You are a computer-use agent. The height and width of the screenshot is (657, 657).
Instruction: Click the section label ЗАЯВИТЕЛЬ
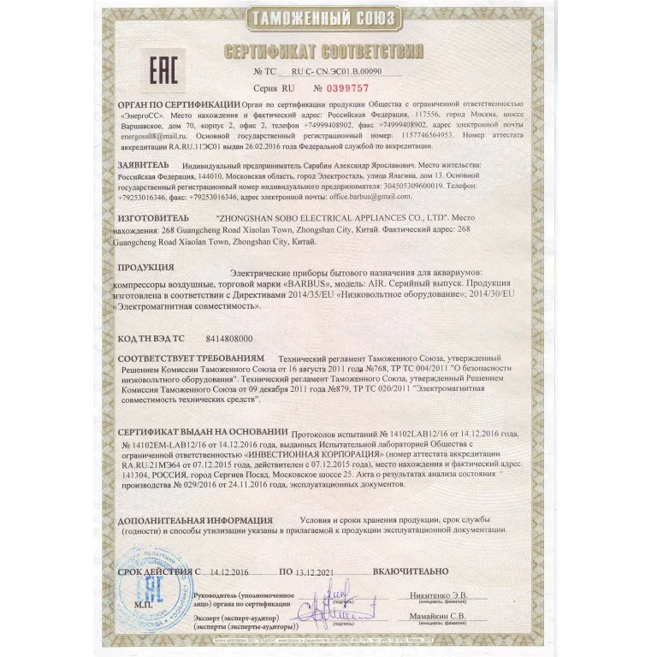click(x=145, y=162)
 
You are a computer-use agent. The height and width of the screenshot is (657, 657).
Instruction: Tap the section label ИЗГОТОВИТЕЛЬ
click(x=153, y=220)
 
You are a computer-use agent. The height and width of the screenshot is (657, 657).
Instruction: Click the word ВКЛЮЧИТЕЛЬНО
click(x=411, y=571)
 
